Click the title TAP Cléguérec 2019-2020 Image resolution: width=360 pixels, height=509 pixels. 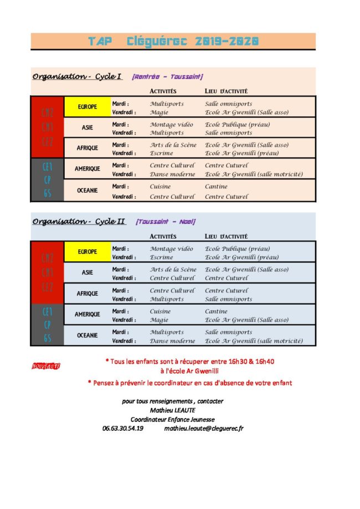[173, 41]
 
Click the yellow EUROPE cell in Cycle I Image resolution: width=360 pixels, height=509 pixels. [88, 106]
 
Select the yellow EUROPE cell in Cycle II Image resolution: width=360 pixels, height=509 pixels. [88, 251]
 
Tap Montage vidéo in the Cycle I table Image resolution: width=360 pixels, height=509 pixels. [171, 125]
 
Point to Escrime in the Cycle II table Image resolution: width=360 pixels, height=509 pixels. [161, 257]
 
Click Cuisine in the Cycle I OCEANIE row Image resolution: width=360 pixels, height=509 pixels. [160, 187]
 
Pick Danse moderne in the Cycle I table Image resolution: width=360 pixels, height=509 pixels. [172, 174]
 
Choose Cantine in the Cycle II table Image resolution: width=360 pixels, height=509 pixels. [216, 311]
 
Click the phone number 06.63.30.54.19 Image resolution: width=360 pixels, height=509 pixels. [123, 428]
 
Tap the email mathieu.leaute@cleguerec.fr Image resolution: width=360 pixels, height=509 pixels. [204, 428]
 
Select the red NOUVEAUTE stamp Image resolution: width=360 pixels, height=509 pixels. [46, 366]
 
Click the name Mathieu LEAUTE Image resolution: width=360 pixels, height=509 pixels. [173, 410]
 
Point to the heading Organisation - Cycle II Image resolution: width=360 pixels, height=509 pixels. [79, 222]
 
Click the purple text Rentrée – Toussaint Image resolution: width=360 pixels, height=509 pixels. [167, 77]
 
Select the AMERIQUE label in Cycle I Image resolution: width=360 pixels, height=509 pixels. [88, 169]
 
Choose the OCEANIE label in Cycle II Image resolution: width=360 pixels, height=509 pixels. [88, 335]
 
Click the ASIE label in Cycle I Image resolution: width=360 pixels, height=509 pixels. [88, 127]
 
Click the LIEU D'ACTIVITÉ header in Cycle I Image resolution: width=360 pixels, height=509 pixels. [226, 91]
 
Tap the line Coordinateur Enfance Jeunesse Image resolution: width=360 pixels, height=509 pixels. [173, 419]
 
